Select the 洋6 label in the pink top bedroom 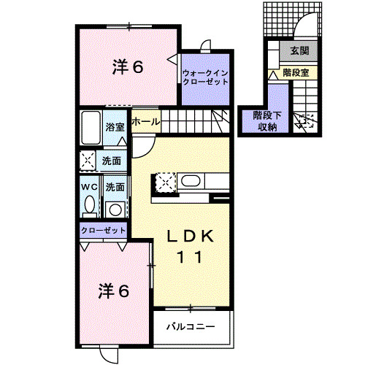click(x=128, y=67)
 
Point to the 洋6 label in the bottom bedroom click(x=114, y=291)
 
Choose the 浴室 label click(x=115, y=126)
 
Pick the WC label click(x=88, y=187)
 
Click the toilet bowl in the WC click(x=88, y=207)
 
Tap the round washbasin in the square click(x=114, y=210)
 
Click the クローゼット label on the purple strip click(x=102, y=230)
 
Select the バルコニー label click(x=189, y=326)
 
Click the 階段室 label click(x=295, y=74)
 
